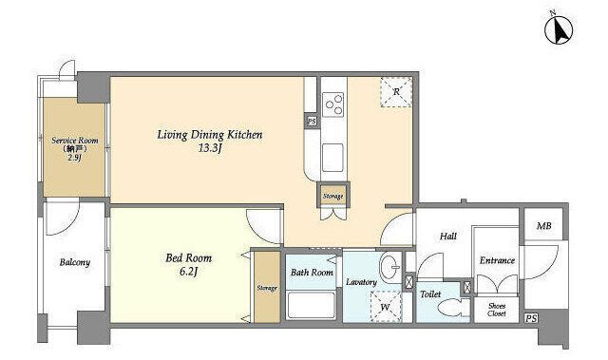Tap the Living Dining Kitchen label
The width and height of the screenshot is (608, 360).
click(210, 135)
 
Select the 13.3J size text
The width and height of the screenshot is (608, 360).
click(210, 149)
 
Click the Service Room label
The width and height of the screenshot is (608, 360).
click(75, 141)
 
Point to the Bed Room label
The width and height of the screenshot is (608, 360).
click(189, 258)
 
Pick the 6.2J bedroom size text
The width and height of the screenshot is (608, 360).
click(189, 272)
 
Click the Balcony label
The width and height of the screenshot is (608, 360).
click(75, 262)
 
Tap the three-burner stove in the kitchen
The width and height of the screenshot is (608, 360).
click(333, 104)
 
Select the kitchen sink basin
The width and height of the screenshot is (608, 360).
click(332, 158)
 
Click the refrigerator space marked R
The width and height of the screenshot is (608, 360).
click(396, 91)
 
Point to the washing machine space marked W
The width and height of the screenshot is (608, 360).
click(386, 307)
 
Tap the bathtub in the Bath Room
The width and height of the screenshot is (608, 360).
click(312, 305)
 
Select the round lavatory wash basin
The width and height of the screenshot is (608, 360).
click(389, 267)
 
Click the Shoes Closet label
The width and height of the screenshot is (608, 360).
click(497, 310)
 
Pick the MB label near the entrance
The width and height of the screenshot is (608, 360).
click(543, 225)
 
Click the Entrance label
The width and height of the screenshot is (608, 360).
click(497, 260)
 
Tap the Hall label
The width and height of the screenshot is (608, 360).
click(448, 236)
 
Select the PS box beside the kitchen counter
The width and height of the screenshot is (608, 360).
click(312, 122)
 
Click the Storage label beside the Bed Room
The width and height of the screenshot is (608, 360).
click(267, 288)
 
